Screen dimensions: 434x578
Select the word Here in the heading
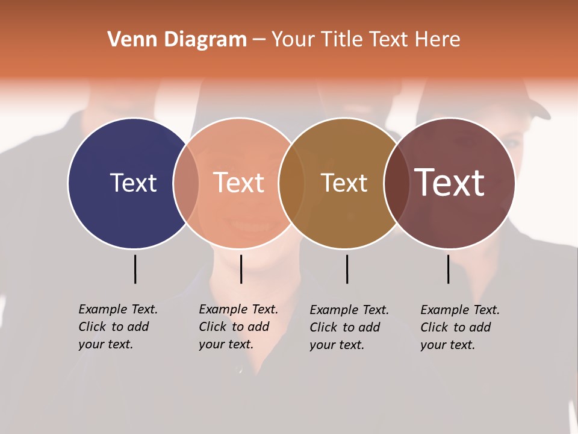point(438,40)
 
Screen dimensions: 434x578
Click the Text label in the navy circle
point(133,183)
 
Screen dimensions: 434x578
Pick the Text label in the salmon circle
point(238,183)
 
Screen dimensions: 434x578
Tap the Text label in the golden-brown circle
point(344,183)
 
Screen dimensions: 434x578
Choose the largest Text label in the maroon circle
point(450,183)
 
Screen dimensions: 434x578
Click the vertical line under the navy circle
point(135,269)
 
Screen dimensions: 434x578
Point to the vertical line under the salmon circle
point(241,269)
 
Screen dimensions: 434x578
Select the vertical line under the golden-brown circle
point(347,269)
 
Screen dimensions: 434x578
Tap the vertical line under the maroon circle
point(448,269)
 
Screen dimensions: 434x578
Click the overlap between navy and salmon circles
point(186,183)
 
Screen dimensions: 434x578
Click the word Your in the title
point(293,40)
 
